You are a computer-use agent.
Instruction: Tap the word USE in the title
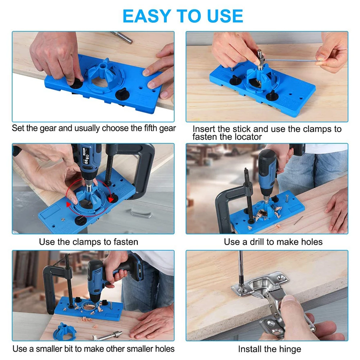[225, 16]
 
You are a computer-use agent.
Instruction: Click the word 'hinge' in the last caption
[290, 349]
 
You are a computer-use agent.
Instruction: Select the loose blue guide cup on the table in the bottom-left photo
[65, 332]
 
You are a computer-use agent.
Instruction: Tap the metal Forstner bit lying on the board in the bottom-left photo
[107, 336]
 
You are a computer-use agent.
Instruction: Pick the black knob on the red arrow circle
[112, 198]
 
